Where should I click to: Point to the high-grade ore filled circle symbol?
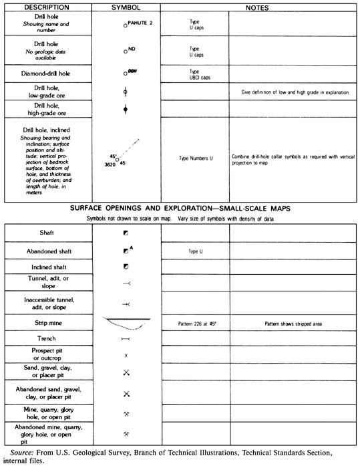click(126, 108)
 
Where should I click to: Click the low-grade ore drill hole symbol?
click(126, 90)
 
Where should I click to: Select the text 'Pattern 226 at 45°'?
click(196, 324)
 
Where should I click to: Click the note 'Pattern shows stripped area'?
click(293, 324)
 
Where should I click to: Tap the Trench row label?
click(47, 339)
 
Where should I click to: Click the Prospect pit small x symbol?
click(126, 356)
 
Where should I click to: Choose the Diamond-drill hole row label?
click(47, 72)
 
